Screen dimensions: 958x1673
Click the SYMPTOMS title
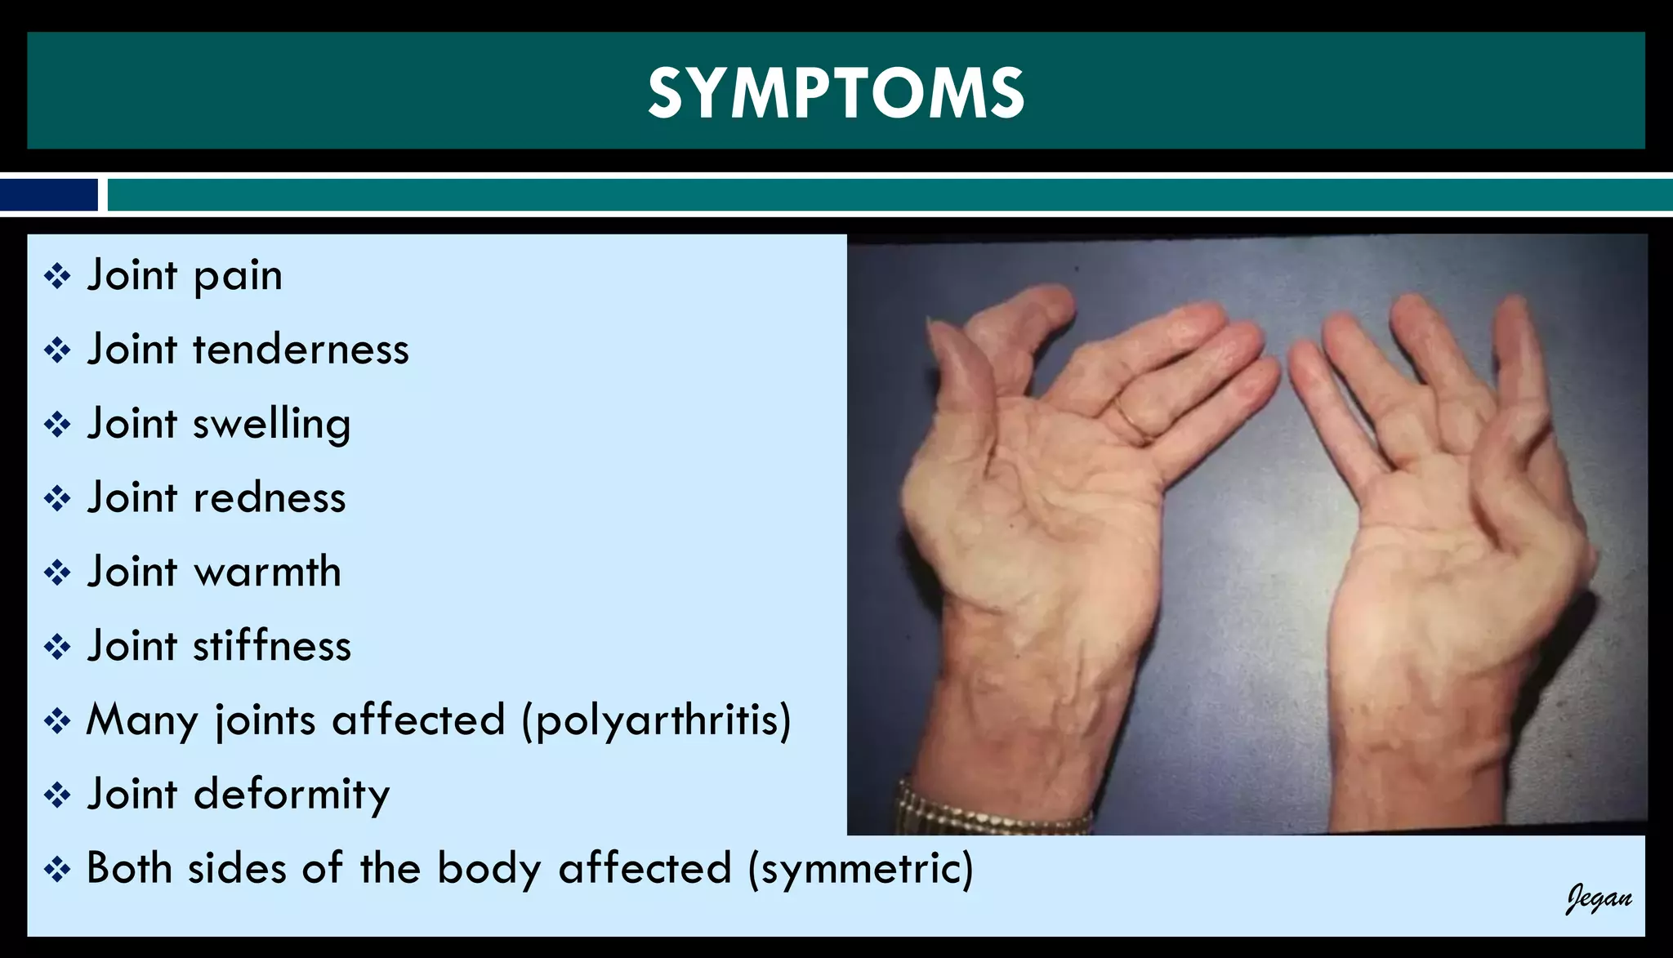[836, 92]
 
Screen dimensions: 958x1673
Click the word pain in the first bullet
[238, 277]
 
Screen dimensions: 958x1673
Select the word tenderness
[301, 350]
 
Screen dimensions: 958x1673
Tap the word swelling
[271, 425]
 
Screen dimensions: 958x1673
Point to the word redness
[269, 498]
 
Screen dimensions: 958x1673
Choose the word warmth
[266, 572]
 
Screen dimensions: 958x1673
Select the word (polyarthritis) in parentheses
[656, 721]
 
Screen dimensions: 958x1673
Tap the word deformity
[291, 795]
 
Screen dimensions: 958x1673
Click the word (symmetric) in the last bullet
[860, 869]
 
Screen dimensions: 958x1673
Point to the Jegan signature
[1598, 898]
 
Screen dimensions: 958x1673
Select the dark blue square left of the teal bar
[49, 195]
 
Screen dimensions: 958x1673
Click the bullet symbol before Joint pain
[57, 276]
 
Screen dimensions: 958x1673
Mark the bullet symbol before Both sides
[57, 869]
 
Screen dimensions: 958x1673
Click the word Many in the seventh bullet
[142, 721]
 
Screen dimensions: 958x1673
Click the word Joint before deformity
[132, 795]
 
